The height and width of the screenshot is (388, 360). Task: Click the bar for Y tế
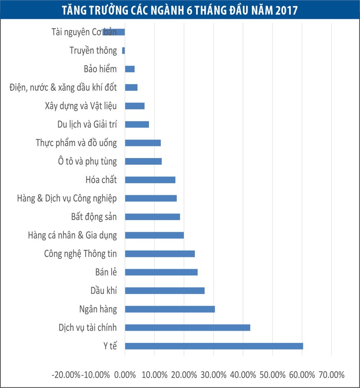coord(214,346)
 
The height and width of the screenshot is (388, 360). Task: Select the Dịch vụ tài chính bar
coord(187,328)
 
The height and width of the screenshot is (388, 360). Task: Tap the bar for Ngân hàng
coord(170,309)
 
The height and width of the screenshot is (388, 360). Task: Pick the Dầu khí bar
coord(165,291)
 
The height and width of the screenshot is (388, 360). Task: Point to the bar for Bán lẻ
coord(161,272)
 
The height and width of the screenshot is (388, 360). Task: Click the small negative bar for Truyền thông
coord(123,51)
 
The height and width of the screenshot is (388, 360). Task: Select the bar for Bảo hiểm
coord(130,69)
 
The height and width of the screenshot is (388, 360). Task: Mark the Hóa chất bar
coord(150,180)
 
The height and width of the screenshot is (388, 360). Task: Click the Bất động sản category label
coord(94,217)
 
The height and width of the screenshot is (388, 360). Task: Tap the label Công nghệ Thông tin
coord(81,254)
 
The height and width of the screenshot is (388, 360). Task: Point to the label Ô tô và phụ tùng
coord(85,162)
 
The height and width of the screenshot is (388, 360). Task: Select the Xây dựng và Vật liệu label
coord(81,106)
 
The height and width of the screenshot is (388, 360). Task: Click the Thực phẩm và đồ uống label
coord(76,143)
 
